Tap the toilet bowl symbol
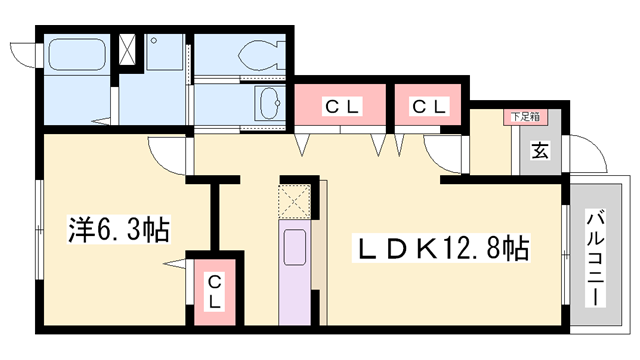[262, 56]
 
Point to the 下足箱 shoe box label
[523, 117]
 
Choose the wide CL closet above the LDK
[338, 105]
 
